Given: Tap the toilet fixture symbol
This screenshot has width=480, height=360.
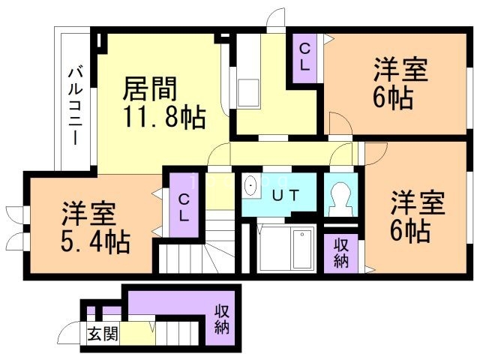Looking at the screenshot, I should click(341, 199).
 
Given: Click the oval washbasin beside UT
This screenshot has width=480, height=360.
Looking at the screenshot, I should click(251, 186).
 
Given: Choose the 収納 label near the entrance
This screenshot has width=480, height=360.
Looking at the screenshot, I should click(221, 319).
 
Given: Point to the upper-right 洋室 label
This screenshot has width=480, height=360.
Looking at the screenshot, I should click(401, 70).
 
